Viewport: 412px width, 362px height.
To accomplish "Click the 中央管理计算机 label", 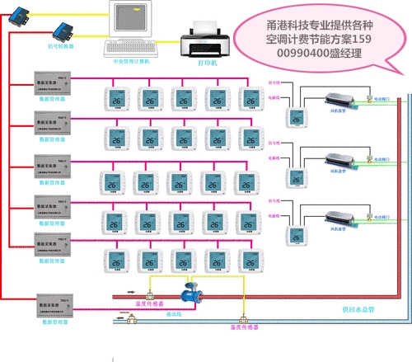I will (x=130, y=59).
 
